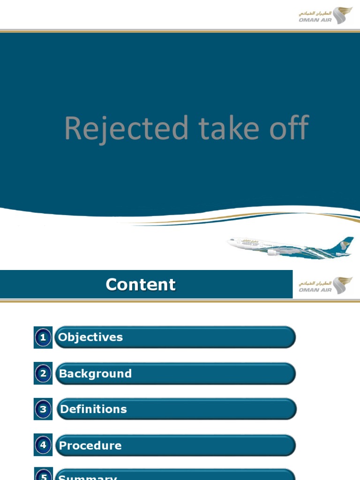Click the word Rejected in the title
point(126,128)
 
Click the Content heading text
point(141,285)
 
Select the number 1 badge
point(43,337)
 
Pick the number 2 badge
point(43,374)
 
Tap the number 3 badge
point(43,409)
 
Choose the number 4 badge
point(43,445)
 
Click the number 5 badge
point(43,476)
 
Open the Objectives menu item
point(90,337)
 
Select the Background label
point(95,374)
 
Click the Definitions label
point(94,409)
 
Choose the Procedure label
point(90,445)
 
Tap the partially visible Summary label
point(88,477)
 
